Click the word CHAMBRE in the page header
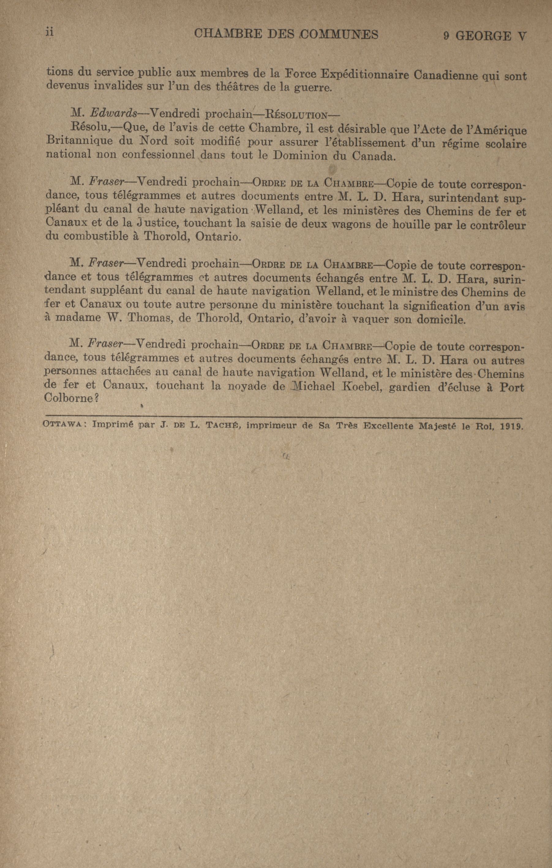tap(223, 34)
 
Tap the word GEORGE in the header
tap(483, 36)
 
